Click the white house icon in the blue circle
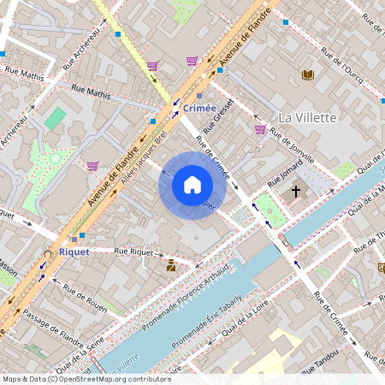pos(192,184)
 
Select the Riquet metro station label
pos(74,252)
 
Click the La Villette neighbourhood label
pos(307,117)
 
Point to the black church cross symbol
pos(296,192)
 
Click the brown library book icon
pos(308,74)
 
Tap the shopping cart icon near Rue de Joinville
pos(260,130)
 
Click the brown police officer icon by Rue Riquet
pos(171,265)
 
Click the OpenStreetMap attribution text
pos(86,378)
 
